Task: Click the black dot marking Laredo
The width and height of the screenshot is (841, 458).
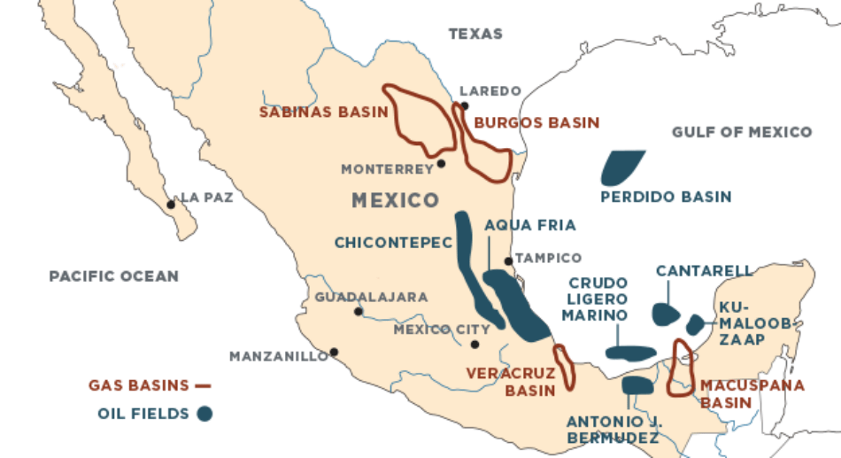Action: (464, 105)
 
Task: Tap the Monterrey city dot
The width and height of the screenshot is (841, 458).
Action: (441, 163)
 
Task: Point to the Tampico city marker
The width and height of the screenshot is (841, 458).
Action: (508, 261)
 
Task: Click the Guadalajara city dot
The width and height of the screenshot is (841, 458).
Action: (358, 312)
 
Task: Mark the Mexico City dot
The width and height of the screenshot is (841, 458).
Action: (475, 344)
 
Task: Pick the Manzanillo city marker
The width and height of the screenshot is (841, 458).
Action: (334, 352)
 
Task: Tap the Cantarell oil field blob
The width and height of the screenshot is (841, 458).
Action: (665, 314)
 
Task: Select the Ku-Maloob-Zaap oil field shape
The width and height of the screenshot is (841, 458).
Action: (694, 324)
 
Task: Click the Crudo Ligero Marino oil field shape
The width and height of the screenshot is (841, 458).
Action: (630, 353)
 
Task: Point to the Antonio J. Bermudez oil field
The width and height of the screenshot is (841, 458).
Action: (637, 385)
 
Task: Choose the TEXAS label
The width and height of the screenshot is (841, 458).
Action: (475, 35)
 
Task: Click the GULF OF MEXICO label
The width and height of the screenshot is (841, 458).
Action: (741, 132)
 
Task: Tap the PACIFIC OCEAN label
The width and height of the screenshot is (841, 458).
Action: (113, 276)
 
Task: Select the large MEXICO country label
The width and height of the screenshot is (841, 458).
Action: (395, 200)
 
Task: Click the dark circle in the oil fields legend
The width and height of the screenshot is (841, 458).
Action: (204, 413)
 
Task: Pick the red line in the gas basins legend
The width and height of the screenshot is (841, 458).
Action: (203, 385)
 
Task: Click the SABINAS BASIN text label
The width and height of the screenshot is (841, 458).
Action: (323, 113)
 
